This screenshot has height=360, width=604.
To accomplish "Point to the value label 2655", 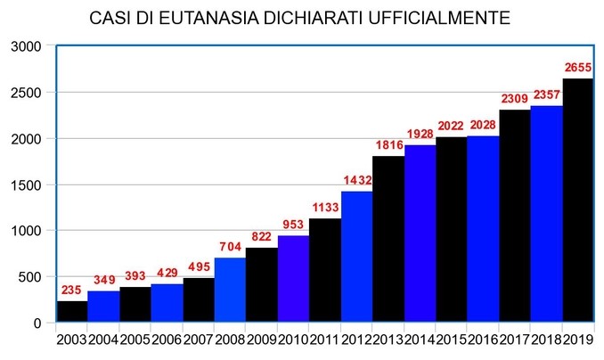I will point(578,67).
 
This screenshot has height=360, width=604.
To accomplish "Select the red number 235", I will point(71,290).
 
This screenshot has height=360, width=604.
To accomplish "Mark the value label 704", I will point(230,247).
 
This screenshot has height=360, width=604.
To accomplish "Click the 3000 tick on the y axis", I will point(24,45).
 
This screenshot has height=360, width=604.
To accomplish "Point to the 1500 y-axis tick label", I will point(24,184).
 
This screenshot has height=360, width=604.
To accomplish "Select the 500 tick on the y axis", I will point(29,277).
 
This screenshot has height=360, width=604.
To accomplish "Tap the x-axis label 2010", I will point(293,339).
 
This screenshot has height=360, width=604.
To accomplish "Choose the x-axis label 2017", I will point(515,339).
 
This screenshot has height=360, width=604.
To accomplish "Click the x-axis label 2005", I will point(135,339).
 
